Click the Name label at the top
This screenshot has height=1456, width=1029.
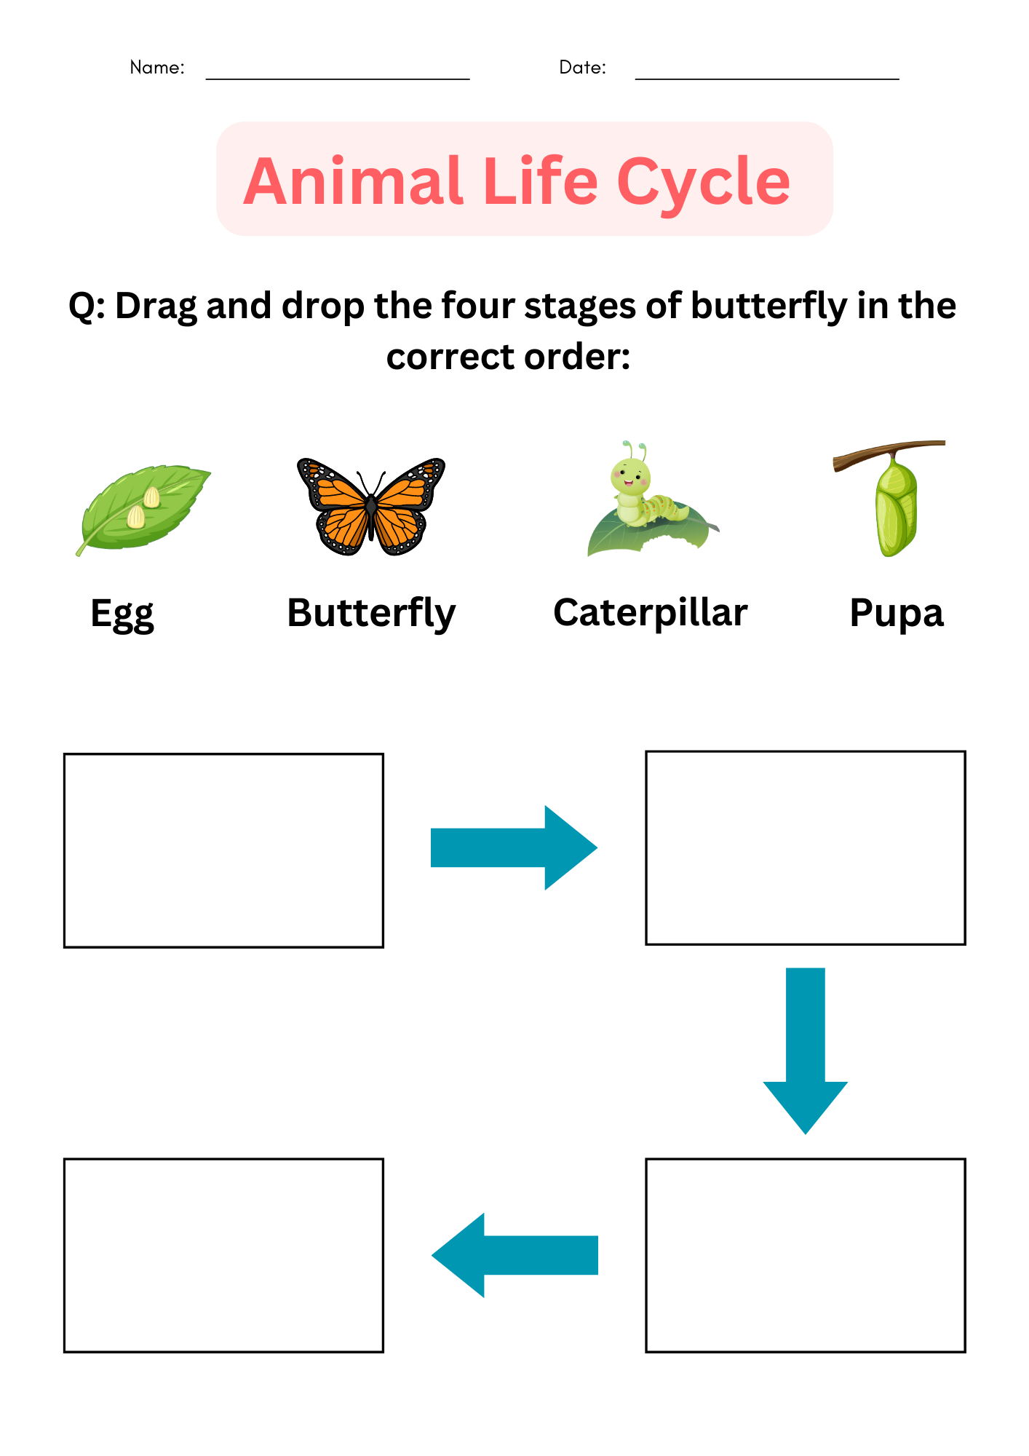(x=156, y=68)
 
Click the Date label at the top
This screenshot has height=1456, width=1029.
(x=582, y=68)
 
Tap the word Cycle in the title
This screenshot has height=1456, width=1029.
(x=703, y=181)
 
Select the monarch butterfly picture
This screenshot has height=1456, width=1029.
(x=371, y=507)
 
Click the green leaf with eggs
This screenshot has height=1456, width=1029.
(x=143, y=508)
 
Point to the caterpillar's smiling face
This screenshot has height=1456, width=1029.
(x=630, y=476)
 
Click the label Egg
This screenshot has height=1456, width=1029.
(x=122, y=614)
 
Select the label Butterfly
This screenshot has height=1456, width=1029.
(x=371, y=614)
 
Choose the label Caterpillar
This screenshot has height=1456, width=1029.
(x=651, y=612)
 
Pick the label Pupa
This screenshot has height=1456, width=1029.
(x=897, y=614)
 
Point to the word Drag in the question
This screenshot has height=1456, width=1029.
(x=156, y=306)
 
